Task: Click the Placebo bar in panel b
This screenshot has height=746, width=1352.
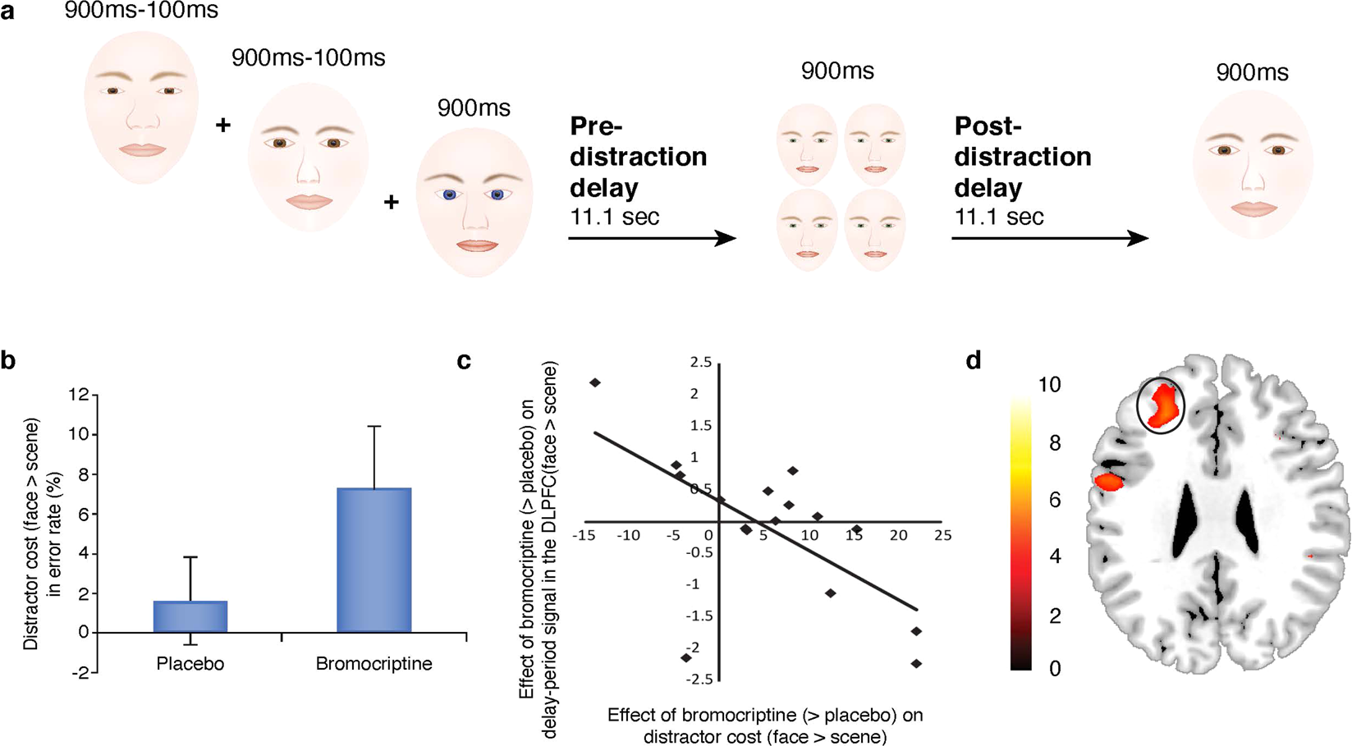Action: pyautogui.click(x=190, y=616)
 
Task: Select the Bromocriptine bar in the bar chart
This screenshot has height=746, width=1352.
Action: pyautogui.click(x=374, y=561)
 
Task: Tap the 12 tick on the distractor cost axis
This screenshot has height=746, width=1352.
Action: pyautogui.click(x=79, y=395)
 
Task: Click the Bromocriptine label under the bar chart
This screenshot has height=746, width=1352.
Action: pyautogui.click(x=374, y=664)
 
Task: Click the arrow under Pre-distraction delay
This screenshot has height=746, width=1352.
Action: pyautogui.click(x=652, y=239)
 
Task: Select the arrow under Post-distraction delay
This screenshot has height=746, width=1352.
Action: pyautogui.click(x=1049, y=239)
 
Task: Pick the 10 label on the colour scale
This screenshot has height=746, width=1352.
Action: pyautogui.click(x=1049, y=384)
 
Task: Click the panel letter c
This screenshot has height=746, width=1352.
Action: pyautogui.click(x=464, y=360)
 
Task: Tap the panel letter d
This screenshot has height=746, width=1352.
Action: pyautogui.click(x=974, y=360)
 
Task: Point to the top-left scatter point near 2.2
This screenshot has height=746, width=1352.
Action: pyautogui.click(x=595, y=383)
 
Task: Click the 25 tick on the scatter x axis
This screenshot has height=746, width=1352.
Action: pyautogui.click(x=942, y=535)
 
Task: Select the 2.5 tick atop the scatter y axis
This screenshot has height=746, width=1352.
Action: pyautogui.click(x=700, y=363)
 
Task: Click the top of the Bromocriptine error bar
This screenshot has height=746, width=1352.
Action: pyautogui.click(x=374, y=427)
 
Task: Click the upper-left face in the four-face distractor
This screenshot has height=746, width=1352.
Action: pyautogui.click(x=807, y=144)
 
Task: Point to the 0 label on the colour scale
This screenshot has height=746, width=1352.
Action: pyautogui.click(x=1055, y=668)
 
